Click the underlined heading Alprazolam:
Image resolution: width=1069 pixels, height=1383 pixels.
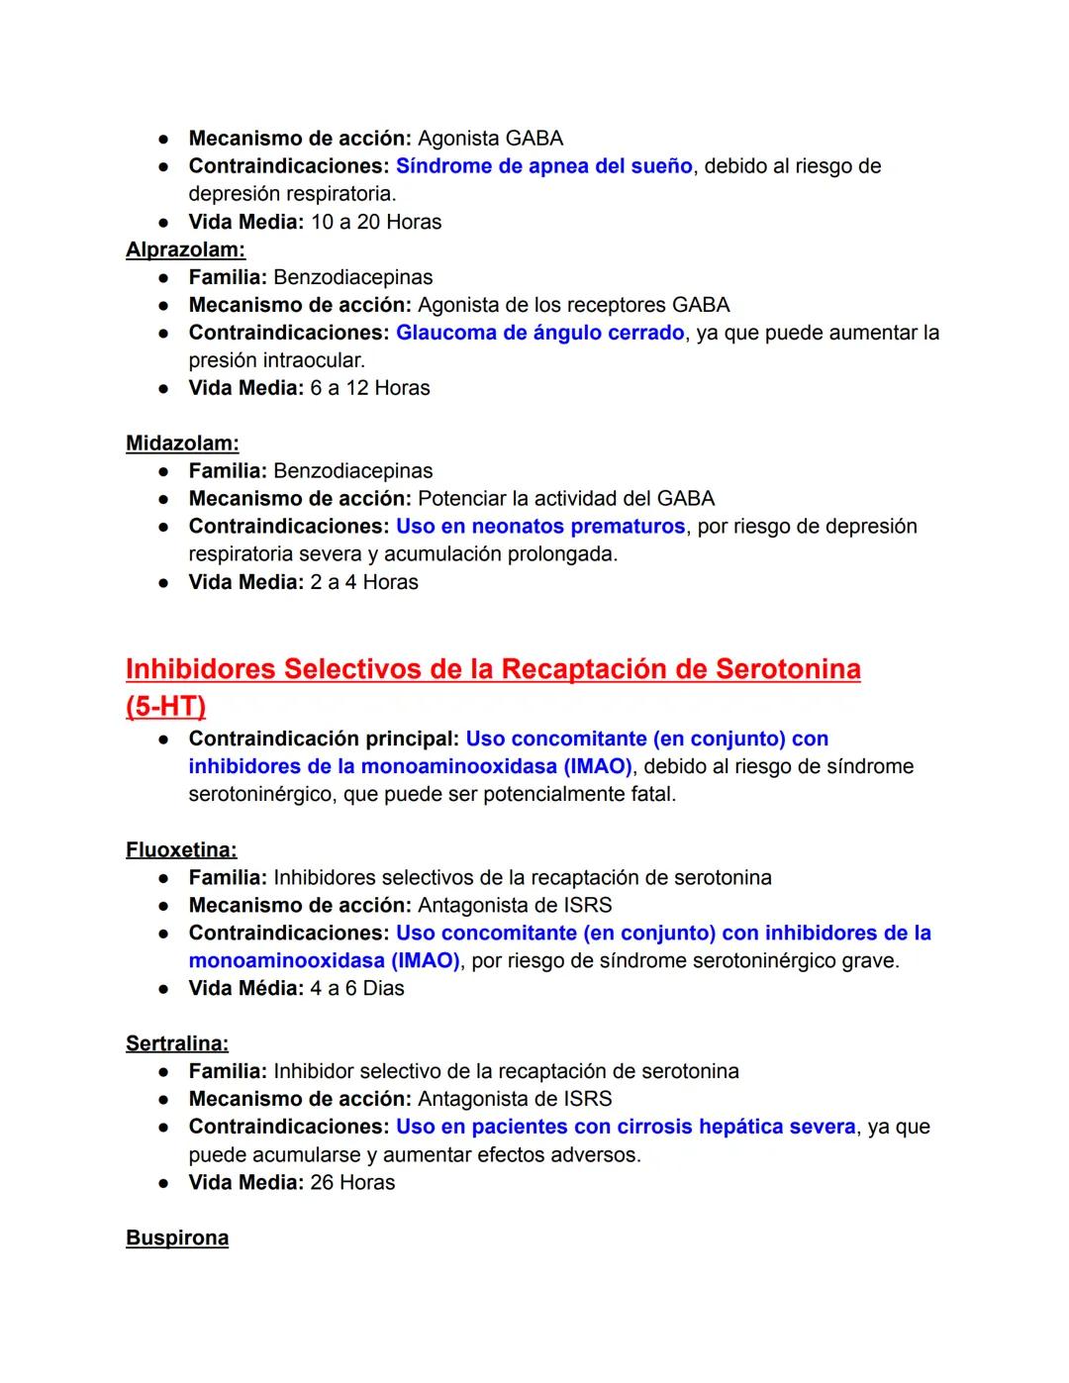coord(185,249)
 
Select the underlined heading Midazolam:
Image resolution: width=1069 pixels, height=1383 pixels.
coord(182,444)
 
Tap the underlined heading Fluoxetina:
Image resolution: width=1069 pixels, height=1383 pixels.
coord(181,849)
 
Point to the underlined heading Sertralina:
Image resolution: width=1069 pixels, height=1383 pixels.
coord(177,1043)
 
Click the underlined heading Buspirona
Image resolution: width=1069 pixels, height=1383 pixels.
coord(177,1237)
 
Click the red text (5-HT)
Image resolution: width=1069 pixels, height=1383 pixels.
coord(166,707)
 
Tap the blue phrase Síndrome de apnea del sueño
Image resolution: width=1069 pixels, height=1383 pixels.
coord(543,166)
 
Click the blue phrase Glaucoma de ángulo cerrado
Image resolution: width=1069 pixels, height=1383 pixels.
coord(539,333)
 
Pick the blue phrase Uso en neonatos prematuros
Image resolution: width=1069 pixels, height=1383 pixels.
coord(540,527)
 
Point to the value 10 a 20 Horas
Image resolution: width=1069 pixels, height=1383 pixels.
coord(376,222)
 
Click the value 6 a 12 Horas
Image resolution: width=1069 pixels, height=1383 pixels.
coord(370,388)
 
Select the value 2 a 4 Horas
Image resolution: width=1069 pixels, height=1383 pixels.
coord(364,582)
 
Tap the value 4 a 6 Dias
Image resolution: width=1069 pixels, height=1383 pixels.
coord(357,988)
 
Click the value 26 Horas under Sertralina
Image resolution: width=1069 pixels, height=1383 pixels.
coord(352,1182)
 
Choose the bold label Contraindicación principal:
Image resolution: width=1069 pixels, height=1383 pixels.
coord(324,739)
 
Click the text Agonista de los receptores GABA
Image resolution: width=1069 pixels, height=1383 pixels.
coord(573,305)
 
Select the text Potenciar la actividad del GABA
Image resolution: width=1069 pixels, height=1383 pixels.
coord(565,499)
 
